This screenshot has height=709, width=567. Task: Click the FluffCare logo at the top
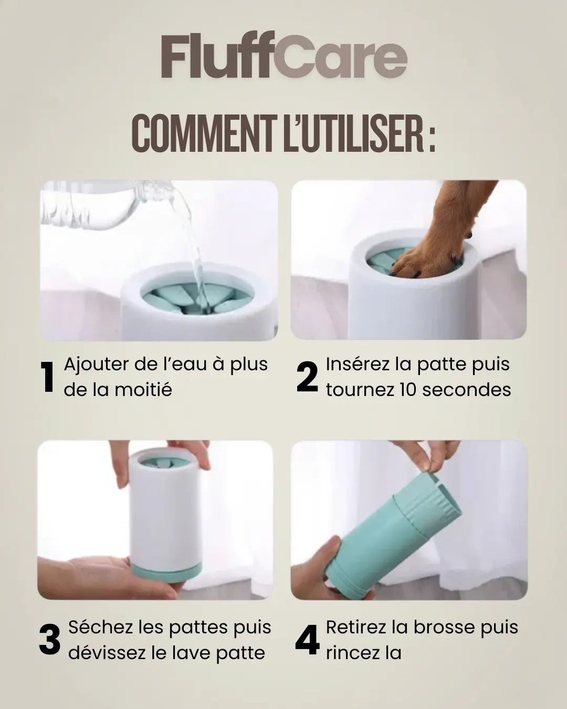pyautogui.click(x=283, y=58)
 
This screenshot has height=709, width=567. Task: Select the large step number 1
pyautogui.click(x=48, y=377)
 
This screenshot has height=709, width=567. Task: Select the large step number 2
pyautogui.click(x=307, y=377)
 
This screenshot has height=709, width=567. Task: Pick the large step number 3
pyautogui.click(x=50, y=640)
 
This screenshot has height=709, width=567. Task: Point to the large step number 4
pyautogui.click(x=307, y=640)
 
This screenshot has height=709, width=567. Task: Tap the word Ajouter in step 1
pyautogui.click(x=96, y=364)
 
